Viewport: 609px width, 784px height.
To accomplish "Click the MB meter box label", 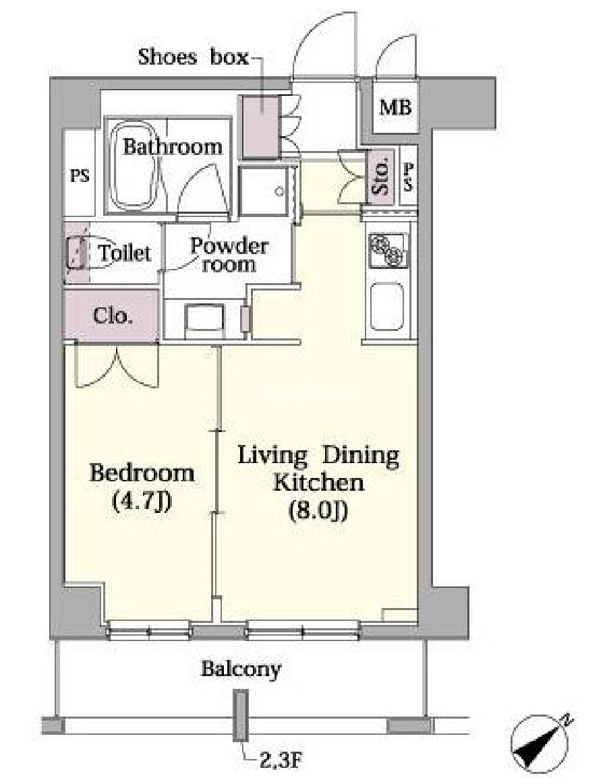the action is (395, 107).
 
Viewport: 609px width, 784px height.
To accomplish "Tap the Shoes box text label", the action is (193, 57).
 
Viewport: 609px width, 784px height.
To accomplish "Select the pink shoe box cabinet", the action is (260, 126).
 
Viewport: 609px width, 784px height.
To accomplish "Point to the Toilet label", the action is (124, 253).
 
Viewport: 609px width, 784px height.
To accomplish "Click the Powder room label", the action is (229, 255).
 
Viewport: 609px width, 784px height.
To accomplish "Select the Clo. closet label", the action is (113, 316).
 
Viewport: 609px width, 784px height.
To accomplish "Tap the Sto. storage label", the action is (381, 177).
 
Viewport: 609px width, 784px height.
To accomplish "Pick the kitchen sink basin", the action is (387, 307).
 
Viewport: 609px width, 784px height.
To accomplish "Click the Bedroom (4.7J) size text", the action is (142, 487).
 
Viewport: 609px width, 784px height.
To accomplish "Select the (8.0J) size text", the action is (318, 511).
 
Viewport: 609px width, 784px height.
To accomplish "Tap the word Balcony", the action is (241, 669).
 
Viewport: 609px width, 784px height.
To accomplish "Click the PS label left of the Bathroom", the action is (80, 176).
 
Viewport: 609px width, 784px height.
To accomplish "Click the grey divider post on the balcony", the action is (241, 715).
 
